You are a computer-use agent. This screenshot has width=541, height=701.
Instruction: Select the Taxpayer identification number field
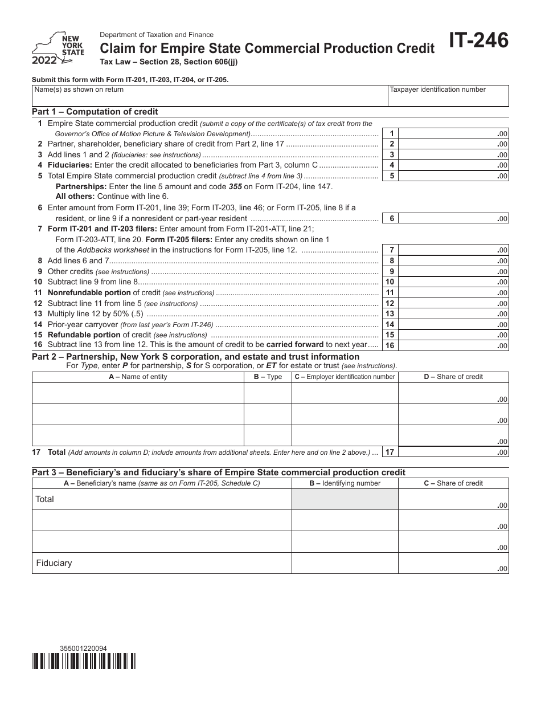448,96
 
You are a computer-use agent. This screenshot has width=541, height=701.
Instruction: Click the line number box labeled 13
390,314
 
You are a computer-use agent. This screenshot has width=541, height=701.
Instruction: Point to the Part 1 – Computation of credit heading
95,112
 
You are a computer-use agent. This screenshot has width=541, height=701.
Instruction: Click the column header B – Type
268,377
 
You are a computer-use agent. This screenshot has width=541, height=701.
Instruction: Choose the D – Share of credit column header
453,377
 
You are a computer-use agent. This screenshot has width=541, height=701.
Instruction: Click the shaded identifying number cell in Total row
345,499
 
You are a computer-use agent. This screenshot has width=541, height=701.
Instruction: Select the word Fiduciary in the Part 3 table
54,563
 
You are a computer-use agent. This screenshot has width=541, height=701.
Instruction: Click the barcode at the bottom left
84,661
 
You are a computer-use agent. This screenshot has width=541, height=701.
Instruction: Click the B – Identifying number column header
345,483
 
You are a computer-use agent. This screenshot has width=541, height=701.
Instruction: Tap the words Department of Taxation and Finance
157,35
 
